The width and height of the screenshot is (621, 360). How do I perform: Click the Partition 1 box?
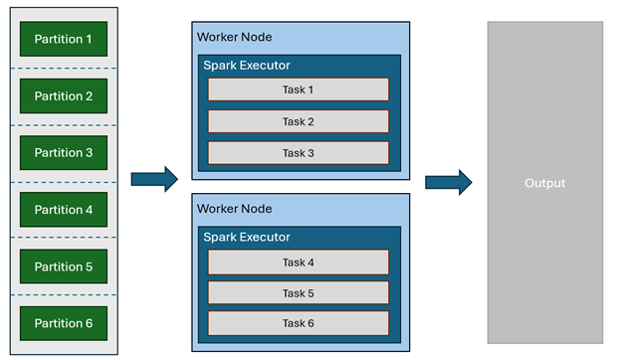pos(64,39)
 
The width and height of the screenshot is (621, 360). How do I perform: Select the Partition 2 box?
pos(64,95)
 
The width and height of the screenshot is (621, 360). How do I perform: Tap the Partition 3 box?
pos(64,152)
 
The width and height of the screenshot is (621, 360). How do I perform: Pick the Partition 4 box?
pos(64,209)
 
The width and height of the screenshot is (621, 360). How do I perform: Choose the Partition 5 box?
pos(64,266)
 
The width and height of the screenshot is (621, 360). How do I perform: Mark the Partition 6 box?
pos(64,322)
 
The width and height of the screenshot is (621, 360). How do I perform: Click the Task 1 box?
pos(298,90)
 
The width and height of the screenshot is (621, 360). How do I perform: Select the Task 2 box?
pos(298,121)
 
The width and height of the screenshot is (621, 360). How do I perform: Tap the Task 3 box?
pos(298,152)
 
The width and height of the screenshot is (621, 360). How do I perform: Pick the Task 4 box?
pos(298,262)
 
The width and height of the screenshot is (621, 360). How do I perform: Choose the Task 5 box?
pos(298,293)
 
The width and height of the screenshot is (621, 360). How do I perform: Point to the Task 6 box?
pos(298,324)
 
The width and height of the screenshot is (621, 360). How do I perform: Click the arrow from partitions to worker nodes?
pos(154,179)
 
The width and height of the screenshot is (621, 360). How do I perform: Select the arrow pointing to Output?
pos(448,182)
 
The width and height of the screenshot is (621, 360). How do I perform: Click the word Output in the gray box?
pos(544,183)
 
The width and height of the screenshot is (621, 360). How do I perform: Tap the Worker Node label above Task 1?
pos(234,37)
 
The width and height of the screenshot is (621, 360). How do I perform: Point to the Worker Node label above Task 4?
pos(234,209)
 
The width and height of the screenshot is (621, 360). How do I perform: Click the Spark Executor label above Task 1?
pos(246,65)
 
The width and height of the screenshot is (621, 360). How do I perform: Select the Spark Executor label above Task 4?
pos(246,237)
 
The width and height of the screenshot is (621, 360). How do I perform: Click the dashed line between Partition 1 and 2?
pos(64,68)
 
